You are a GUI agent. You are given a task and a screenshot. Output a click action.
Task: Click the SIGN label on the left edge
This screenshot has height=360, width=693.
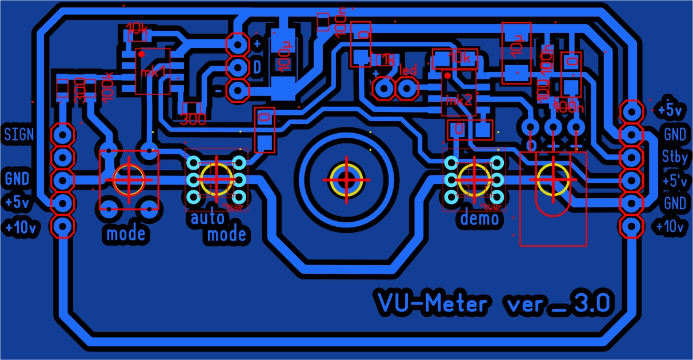(19, 135)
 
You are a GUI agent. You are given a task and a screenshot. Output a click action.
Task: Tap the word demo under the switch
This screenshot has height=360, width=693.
(479, 218)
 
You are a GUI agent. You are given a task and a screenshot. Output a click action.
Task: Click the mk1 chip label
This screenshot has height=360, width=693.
(153, 72)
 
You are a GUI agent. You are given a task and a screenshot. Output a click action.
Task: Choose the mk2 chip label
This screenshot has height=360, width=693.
(460, 101)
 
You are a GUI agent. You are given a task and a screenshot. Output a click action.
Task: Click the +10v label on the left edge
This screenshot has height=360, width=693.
(22, 227)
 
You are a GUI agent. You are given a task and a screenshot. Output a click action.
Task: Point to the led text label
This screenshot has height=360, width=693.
(408, 71)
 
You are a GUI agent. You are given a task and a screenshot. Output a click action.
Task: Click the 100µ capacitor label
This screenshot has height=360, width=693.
(283, 55)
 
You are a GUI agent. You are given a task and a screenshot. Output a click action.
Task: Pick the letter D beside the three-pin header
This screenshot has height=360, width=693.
(257, 67)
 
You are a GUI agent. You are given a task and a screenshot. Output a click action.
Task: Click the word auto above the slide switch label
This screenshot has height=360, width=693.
(207, 218)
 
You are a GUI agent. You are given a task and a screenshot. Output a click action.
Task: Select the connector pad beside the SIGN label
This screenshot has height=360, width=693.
(62, 135)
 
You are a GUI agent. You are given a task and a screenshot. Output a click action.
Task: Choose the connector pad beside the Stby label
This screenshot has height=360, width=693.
(632, 157)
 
